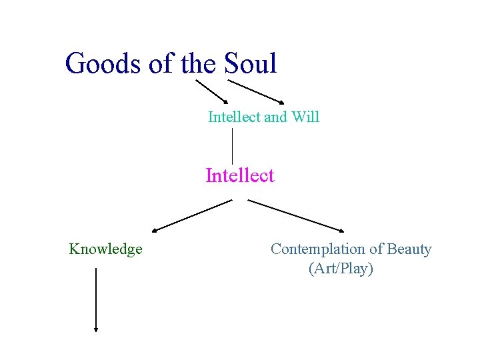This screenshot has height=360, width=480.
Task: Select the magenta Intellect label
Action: pyautogui.click(x=240, y=176)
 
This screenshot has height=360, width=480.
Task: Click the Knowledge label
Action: pyautogui.click(x=105, y=249)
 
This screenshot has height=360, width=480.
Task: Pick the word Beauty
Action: pyautogui.click(x=409, y=249)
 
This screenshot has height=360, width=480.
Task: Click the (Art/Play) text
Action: pyautogui.click(x=341, y=269)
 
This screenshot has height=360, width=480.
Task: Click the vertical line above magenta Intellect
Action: pyautogui.click(x=232, y=145)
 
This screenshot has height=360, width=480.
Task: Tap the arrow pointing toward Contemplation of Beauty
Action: pyautogui.click(x=294, y=215)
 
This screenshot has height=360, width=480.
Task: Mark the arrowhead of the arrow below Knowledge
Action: pyautogui.click(x=97, y=328)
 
